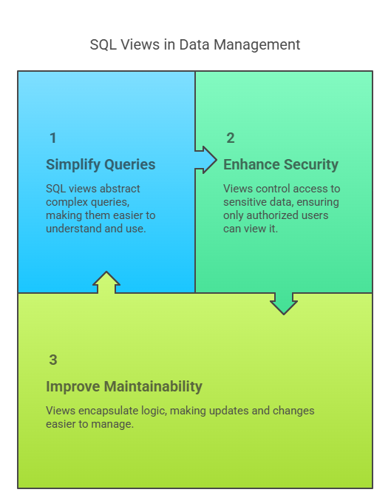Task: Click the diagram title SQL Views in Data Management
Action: tap(195, 45)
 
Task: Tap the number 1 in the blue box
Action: tap(53, 138)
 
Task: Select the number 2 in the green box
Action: tap(231, 138)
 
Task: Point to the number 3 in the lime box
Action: tap(53, 360)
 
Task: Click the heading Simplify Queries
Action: tap(101, 165)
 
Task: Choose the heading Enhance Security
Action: tap(281, 165)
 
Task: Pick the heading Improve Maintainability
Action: tap(124, 386)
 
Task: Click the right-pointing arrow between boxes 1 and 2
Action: tap(205, 160)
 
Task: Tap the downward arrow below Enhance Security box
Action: tap(283, 303)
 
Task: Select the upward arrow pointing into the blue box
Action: tap(106, 283)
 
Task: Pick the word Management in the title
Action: tap(256, 45)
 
